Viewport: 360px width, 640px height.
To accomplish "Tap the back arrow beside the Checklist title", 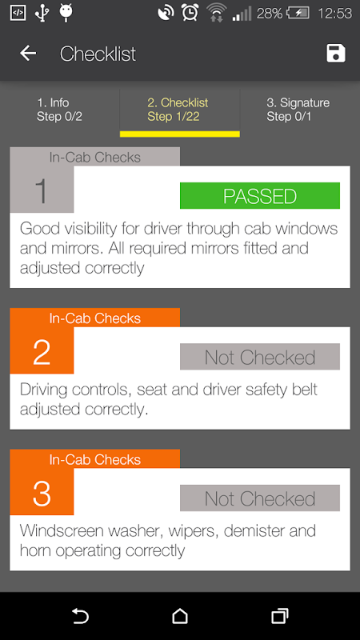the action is (28, 54).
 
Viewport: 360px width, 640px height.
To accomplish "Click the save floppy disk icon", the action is (336, 54).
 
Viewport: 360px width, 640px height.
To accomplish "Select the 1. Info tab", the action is (59, 110).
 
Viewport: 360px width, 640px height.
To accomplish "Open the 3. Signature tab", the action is (298, 110).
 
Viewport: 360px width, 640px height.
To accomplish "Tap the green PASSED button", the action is (260, 195).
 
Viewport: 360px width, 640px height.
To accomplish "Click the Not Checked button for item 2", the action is (260, 357).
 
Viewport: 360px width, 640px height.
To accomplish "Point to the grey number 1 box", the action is (42, 190).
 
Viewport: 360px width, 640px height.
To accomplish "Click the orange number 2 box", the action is (42, 350).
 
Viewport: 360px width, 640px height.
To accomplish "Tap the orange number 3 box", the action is (42, 492).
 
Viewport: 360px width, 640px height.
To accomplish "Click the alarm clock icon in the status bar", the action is (190, 13).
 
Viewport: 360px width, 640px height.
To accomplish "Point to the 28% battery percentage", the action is (270, 14).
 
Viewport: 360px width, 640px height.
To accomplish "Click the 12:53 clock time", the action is (334, 14).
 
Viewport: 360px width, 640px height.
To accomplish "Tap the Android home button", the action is (180, 616).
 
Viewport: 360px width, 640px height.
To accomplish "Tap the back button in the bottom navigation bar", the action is (81, 616).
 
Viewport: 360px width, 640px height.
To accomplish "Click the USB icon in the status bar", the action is (42, 13).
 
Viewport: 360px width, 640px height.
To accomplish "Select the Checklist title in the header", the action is (98, 54).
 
